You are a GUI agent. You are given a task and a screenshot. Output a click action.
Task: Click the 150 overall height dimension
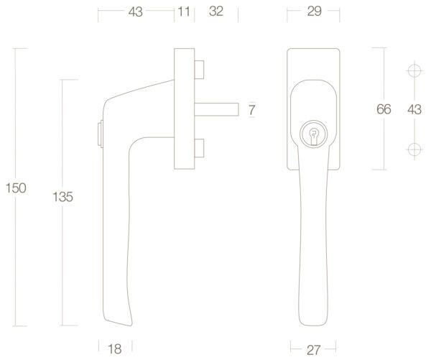[x=16, y=188]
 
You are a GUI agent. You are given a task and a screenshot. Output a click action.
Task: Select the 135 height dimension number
[x=62, y=197]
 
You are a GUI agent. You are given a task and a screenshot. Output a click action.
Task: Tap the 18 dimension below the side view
[x=115, y=349]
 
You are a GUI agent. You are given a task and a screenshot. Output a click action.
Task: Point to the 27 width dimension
[x=313, y=350]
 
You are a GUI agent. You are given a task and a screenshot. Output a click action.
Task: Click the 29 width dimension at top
[x=315, y=11]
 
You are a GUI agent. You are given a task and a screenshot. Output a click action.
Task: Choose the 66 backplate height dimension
[x=384, y=109]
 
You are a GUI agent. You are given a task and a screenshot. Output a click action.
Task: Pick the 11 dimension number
[x=184, y=11]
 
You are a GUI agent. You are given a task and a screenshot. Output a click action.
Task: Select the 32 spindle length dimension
[x=216, y=11]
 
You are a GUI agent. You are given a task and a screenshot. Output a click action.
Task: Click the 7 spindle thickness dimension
[x=252, y=110]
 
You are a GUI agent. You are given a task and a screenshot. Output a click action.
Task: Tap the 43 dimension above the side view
[x=136, y=11]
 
